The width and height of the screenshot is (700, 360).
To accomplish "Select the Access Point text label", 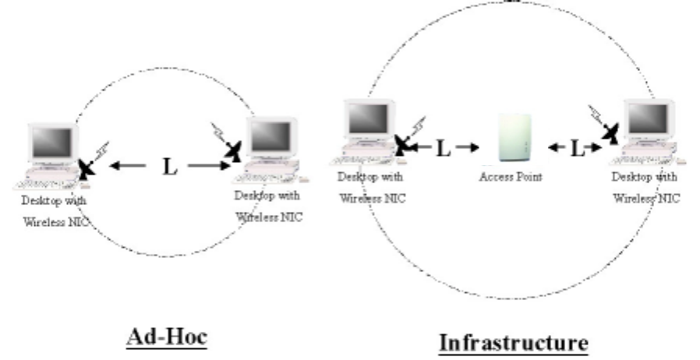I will pyautogui.click(x=511, y=177).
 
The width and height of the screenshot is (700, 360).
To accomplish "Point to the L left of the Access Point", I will pyautogui.click(x=443, y=147).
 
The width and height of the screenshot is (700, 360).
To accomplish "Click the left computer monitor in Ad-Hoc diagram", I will pyautogui.click(x=50, y=144).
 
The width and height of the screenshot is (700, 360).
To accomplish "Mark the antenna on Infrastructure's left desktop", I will pyautogui.click(x=403, y=142).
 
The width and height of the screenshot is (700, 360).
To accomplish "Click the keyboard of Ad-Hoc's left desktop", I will pyautogui.click(x=45, y=184).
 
